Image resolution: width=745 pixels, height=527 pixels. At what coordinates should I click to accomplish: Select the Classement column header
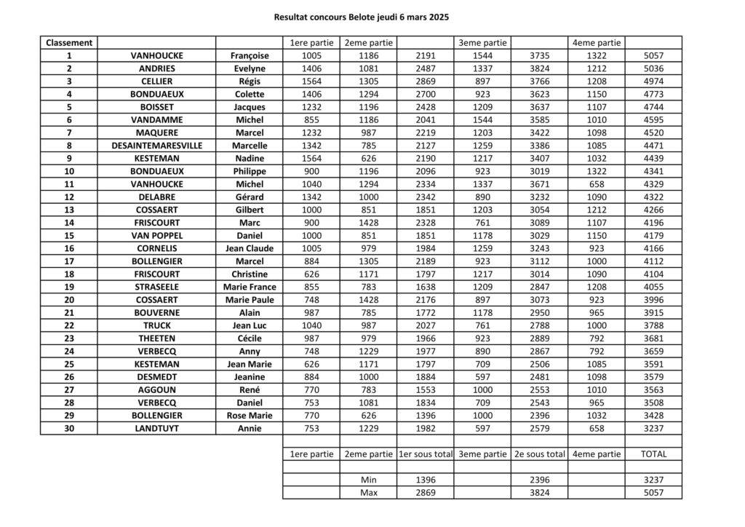click(69, 42)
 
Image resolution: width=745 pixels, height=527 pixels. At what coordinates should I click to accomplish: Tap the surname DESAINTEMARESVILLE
click(156, 145)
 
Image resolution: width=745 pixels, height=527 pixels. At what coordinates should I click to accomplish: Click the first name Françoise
click(250, 55)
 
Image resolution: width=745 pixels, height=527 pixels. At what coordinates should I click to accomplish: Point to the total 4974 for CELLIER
click(653, 81)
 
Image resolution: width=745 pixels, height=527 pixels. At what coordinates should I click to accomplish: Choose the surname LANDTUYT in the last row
click(156, 428)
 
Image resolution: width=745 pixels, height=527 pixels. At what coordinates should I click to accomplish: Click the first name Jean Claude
click(250, 248)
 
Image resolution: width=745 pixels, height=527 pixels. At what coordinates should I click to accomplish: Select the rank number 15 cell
click(69, 235)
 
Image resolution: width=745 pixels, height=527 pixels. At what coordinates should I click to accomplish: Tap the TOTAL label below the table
click(653, 453)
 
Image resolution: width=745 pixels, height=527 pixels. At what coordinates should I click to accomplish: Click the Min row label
click(369, 480)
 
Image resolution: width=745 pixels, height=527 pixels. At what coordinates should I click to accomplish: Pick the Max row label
click(369, 493)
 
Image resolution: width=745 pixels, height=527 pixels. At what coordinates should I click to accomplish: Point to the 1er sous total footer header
click(425, 453)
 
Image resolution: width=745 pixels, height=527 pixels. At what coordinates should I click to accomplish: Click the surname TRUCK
click(156, 325)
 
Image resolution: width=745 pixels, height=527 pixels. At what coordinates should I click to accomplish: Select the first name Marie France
click(250, 287)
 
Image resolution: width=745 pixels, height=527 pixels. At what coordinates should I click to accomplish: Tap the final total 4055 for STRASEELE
click(653, 287)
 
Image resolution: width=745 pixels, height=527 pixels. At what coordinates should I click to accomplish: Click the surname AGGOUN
click(156, 389)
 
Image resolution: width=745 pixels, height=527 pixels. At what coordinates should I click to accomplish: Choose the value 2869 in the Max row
click(425, 493)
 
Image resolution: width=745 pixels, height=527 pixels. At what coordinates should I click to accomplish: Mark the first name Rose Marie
click(250, 415)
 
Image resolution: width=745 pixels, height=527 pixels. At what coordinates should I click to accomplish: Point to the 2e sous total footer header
click(539, 453)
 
